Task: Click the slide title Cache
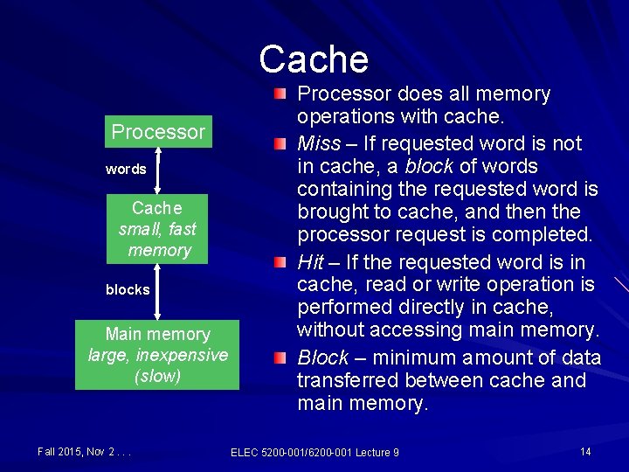point(314,59)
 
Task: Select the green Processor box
point(158,132)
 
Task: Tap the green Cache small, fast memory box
point(158,229)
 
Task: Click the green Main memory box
point(157,355)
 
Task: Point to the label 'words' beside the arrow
point(126,170)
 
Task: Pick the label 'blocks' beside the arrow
point(128,289)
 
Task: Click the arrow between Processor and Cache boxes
point(157,170)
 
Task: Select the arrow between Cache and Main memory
point(157,292)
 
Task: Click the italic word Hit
point(310,261)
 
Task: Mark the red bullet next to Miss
point(277,143)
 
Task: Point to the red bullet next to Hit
point(277,262)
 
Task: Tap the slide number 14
point(585,452)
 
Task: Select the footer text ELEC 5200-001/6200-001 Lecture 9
point(314,453)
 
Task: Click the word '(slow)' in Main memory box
point(157,377)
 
